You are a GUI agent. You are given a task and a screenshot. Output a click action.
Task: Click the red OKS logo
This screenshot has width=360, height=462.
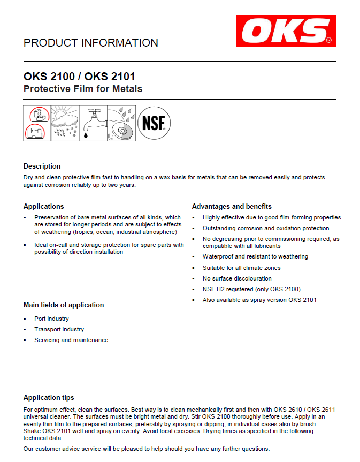click(286, 31)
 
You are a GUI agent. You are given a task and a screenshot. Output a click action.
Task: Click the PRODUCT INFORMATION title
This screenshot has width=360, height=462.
click(91, 43)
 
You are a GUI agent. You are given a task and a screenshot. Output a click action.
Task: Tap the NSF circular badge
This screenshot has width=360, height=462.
click(154, 123)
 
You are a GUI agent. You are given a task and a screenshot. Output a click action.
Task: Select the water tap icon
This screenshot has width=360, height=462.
click(94, 123)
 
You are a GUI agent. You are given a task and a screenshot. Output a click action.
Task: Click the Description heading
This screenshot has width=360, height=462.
click(42, 166)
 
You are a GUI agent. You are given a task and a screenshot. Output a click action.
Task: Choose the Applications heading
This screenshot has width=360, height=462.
click(44, 206)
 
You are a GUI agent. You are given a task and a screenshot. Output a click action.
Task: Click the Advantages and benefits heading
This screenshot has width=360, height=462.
click(232, 206)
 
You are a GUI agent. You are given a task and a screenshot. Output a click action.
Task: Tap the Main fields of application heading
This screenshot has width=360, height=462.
click(64, 305)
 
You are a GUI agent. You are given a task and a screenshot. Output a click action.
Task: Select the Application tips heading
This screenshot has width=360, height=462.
click(49, 397)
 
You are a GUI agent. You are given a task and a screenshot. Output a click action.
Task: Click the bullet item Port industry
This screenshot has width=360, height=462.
click(51, 319)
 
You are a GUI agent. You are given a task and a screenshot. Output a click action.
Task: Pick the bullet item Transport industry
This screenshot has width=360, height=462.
click(59, 329)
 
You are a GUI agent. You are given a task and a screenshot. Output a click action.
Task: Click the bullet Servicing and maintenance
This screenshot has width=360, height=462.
click(71, 340)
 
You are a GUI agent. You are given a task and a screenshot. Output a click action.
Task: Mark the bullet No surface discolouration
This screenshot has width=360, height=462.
click(237, 278)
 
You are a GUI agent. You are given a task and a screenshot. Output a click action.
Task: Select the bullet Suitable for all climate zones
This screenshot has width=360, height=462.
click(241, 268)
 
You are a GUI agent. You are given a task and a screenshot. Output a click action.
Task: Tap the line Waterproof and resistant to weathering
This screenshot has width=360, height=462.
click(255, 256)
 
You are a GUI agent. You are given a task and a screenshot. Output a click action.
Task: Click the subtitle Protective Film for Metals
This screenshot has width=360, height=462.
click(83, 89)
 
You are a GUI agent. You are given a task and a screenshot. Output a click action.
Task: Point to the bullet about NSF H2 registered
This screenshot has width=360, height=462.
click(251, 289)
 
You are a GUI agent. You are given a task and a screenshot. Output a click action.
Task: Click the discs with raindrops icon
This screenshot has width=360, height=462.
click(122, 123)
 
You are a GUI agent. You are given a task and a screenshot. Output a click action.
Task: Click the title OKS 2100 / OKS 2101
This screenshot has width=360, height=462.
click(79, 77)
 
